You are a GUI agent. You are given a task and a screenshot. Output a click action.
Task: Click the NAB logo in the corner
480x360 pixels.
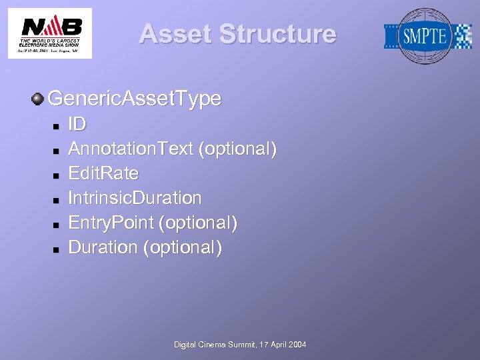pos(50,33)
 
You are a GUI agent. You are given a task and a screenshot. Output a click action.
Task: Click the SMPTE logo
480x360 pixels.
pos(427,36)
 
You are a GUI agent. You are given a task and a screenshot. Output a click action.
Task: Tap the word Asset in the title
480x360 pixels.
pos(175,34)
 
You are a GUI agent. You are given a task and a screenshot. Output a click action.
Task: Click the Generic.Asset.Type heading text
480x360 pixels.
pos(135,99)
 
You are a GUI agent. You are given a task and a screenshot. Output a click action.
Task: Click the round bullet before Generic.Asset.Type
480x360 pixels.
pos(38,99)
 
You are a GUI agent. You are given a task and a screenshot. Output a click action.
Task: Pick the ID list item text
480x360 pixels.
pos(77,125)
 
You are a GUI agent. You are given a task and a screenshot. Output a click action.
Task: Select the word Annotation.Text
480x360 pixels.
pos(131,149)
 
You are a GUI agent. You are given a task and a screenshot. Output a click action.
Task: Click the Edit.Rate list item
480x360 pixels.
pos(103,173)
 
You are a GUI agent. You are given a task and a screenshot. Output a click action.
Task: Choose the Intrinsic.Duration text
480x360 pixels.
pos(135,198)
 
